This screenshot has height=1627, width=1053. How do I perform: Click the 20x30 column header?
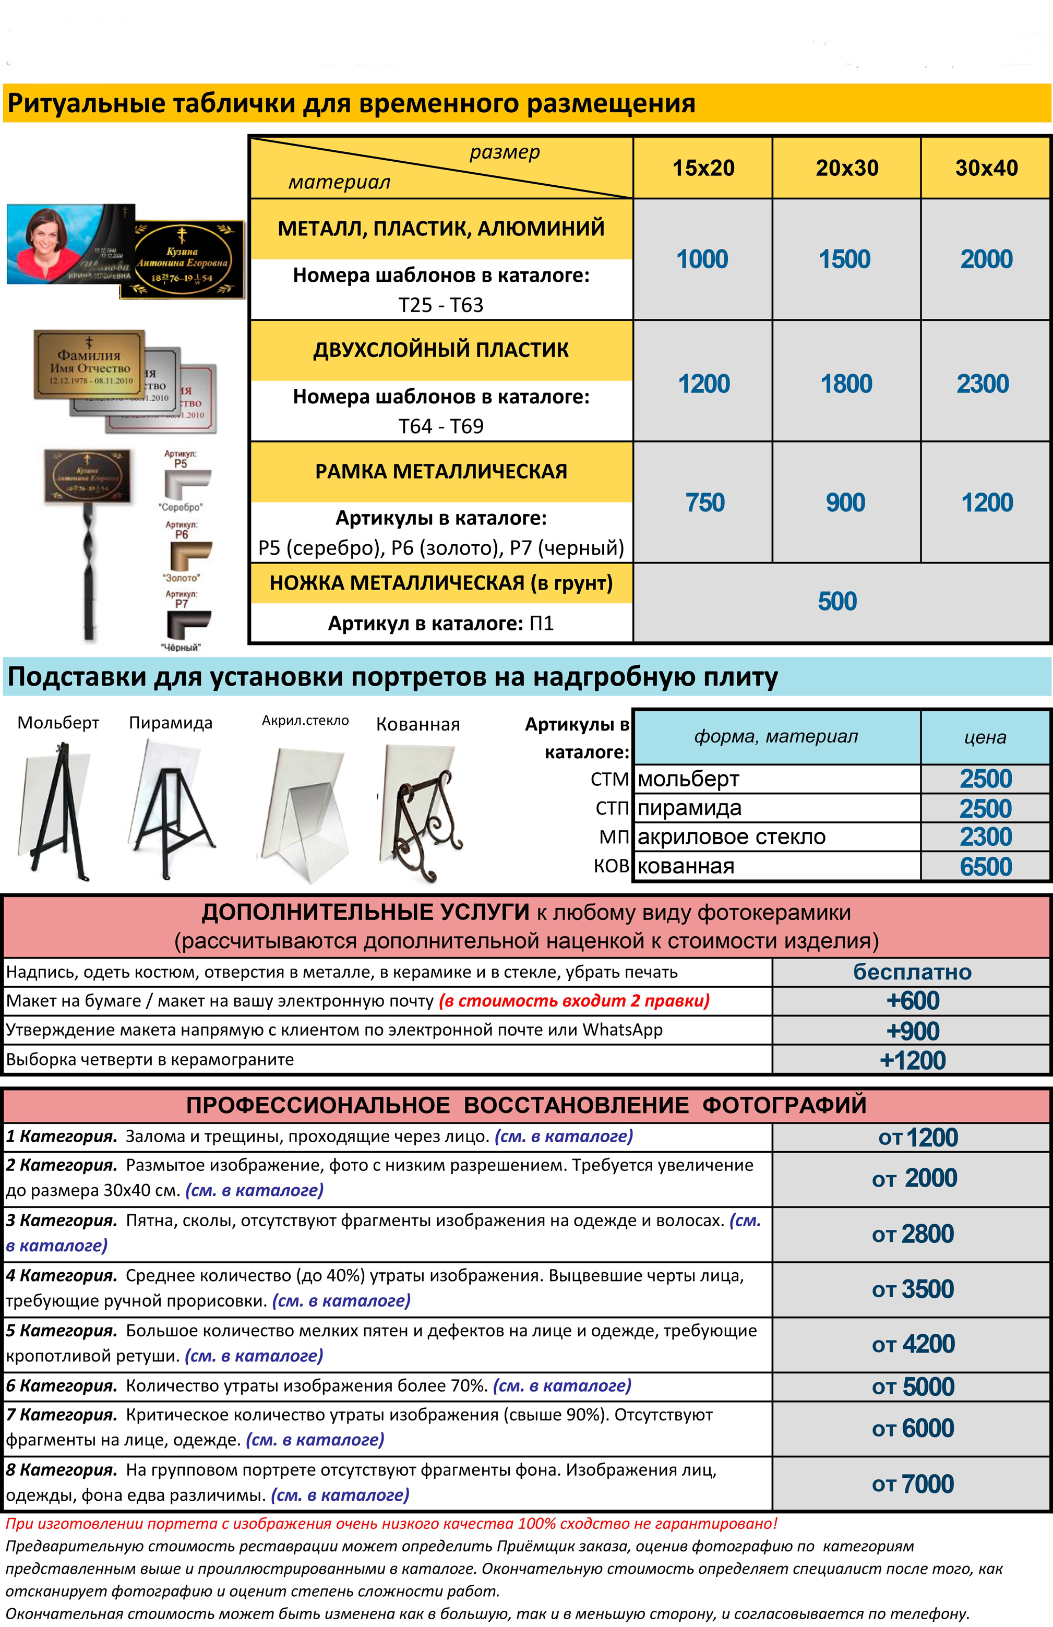pyautogui.click(x=846, y=168)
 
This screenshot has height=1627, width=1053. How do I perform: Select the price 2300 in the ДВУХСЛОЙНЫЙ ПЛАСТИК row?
pyautogui.click(x=983, y=384)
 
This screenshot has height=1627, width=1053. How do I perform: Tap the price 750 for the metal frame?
pyautogui.click(x=704, y=503)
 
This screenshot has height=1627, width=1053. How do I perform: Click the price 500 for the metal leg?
pyautogui.click(x=837, y=602)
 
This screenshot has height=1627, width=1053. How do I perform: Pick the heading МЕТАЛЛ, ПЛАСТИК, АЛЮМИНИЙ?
pyautogui.click(x=441, y=229)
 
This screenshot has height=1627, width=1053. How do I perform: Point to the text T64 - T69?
pyautogui.click(x=441, y=426)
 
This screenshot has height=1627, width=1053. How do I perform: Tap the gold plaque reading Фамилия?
pyautogui.click(x=89, y=364)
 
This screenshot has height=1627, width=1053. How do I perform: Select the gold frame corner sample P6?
pyautogui.click(x=188, y=555)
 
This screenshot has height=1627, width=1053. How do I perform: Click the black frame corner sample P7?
pyautogui.click(x=187, y=624)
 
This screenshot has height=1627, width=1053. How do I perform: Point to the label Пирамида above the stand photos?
pyautogui.click(x=171, y=723)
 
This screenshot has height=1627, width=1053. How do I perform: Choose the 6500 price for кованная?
pyautogui.click(x=985, y=867)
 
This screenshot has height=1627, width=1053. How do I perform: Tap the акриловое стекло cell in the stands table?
pyautogui.click(x=732, y=837)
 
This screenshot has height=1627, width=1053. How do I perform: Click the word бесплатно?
pyautogui.click(x=912, y=972)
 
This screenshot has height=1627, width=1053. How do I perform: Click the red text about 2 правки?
pyautogui.click(x=575, y=1001)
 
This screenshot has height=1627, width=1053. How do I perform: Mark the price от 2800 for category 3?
pyautogui.click(x=912, y=1234)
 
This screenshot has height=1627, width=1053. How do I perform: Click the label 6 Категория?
pyautogui.click(x=62, y=1386)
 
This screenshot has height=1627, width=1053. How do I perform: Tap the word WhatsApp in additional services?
pyautogui.click(x=622, y=1030)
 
